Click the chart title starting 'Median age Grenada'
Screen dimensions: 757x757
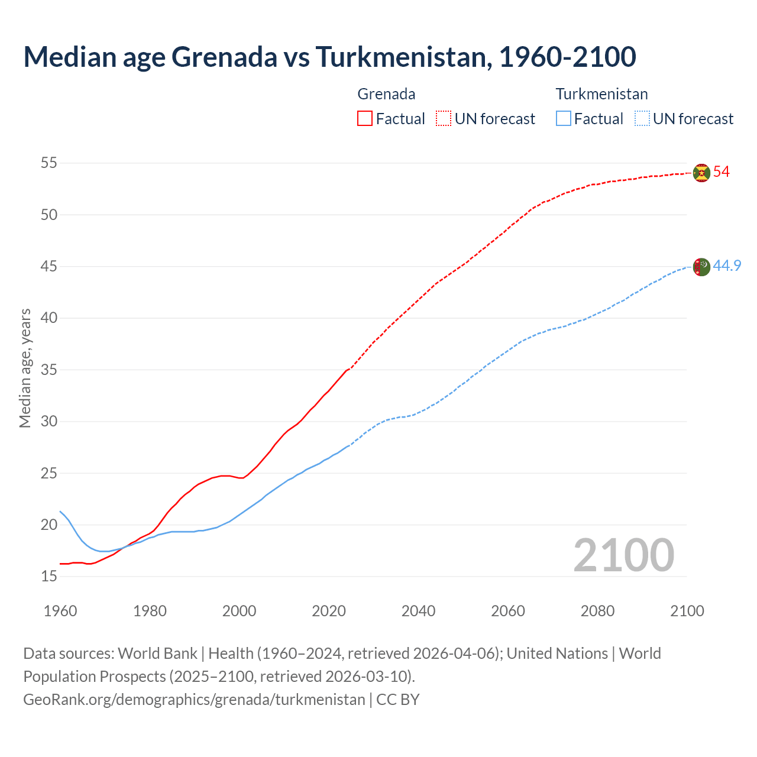click(x=329, y=57)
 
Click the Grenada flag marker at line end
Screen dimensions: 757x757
click(x=701, y=173)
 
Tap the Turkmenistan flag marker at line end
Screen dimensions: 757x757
click(x=701, y=267)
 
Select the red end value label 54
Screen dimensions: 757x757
click(x=721, y=172)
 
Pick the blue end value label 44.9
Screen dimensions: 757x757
click(x=727, y=266)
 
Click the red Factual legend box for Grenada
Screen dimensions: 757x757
click(x=365, y=119)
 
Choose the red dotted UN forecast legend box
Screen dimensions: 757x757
click(x=444, y=119)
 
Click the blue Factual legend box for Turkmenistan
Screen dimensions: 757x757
click(x=564, y=119)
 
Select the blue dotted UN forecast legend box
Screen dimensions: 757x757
click(x=642, y=119)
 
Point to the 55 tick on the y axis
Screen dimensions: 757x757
click(x=49, y=163)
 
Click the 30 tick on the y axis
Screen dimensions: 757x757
click(x=49, y=422)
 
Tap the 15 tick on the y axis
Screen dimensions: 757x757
click(x=49, y=577)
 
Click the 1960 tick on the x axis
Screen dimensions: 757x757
click(x=60, y=611)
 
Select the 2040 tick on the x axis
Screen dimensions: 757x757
click(x=418, y=611)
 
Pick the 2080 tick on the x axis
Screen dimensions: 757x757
click(x=597, y=611)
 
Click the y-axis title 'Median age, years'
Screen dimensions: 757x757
click(x=25, y=368)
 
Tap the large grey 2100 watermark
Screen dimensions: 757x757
click(x=623, y=555)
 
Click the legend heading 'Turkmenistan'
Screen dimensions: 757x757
click(x=601, y=94)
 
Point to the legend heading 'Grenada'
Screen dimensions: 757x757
click(x=386, y=94)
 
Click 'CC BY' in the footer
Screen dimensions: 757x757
click(x=398, y=700)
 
